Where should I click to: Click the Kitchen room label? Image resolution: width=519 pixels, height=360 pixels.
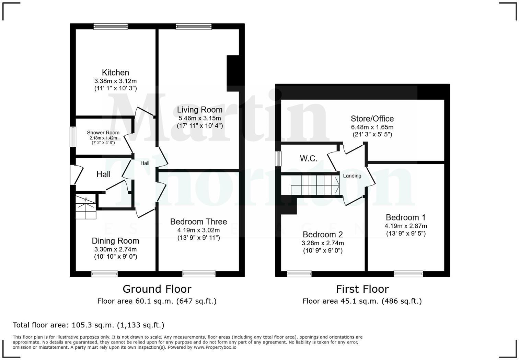115,72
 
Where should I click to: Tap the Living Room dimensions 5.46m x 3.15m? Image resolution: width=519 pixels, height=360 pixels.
199,118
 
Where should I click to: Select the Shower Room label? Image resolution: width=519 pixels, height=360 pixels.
103,133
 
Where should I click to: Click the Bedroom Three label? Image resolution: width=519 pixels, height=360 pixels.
198,222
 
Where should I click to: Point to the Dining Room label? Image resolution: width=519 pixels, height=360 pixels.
115,241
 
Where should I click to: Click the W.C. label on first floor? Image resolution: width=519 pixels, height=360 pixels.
309,158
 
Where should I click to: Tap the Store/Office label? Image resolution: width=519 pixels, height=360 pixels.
372,119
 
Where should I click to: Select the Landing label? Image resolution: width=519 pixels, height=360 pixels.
352,176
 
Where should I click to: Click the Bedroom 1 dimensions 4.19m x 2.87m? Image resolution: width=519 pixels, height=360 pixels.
406,226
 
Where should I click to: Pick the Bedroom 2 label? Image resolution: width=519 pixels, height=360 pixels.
323,235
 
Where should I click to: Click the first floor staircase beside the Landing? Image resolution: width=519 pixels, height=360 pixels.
314,185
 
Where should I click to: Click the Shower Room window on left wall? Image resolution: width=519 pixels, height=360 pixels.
73,137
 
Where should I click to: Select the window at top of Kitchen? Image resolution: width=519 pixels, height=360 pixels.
111,26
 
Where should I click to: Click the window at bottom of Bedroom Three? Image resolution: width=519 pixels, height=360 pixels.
199,274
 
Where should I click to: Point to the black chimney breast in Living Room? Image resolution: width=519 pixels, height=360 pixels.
233,73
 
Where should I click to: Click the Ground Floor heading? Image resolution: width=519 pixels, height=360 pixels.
157,289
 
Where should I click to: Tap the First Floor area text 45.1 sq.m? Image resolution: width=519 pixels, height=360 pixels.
362,301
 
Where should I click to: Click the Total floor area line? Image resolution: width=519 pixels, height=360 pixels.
89,325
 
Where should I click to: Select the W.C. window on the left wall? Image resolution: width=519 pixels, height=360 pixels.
278,159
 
